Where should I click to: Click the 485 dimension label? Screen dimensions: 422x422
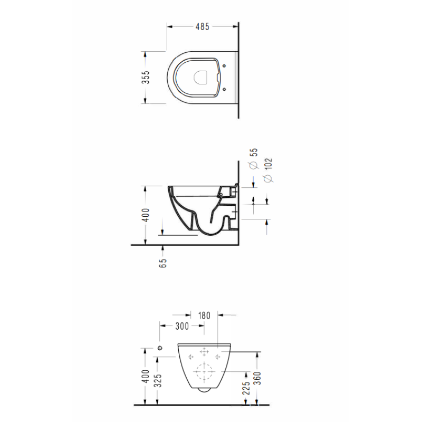[x=203, y=26]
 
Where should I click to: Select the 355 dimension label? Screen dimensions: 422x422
[x=146, y=77]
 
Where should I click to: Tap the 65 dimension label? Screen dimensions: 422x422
[x=163, y=263]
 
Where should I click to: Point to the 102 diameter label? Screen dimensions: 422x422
[x=268, y=164]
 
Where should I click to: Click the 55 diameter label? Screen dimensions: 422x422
[x=254, y=152]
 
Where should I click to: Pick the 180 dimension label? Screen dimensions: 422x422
[x=204, y=315]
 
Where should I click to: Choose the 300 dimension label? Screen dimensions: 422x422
[x=182, y=326]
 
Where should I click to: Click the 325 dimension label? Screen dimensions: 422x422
[x=158, y=380]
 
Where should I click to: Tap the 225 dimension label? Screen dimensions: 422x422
[x=246, y=388]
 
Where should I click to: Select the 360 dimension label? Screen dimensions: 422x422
[x=257, y=378]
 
